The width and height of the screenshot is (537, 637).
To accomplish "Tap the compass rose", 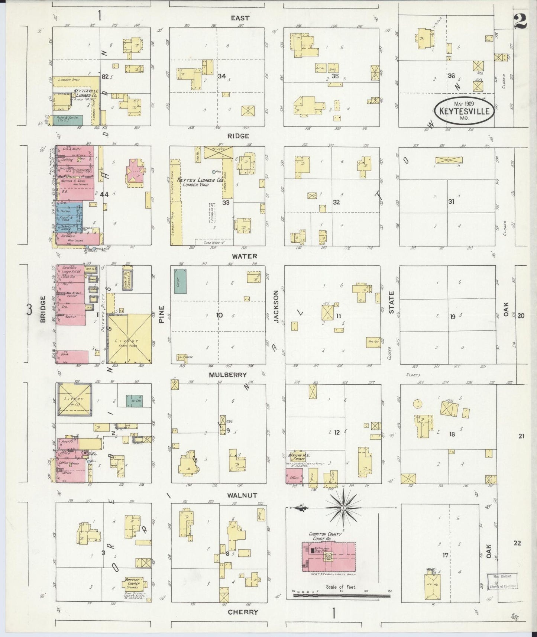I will [343, 507].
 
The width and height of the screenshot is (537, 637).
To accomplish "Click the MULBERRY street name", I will [227, 375].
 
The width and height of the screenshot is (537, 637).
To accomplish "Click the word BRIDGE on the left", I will [42, 309].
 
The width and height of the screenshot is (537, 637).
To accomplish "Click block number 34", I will [222, 76].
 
